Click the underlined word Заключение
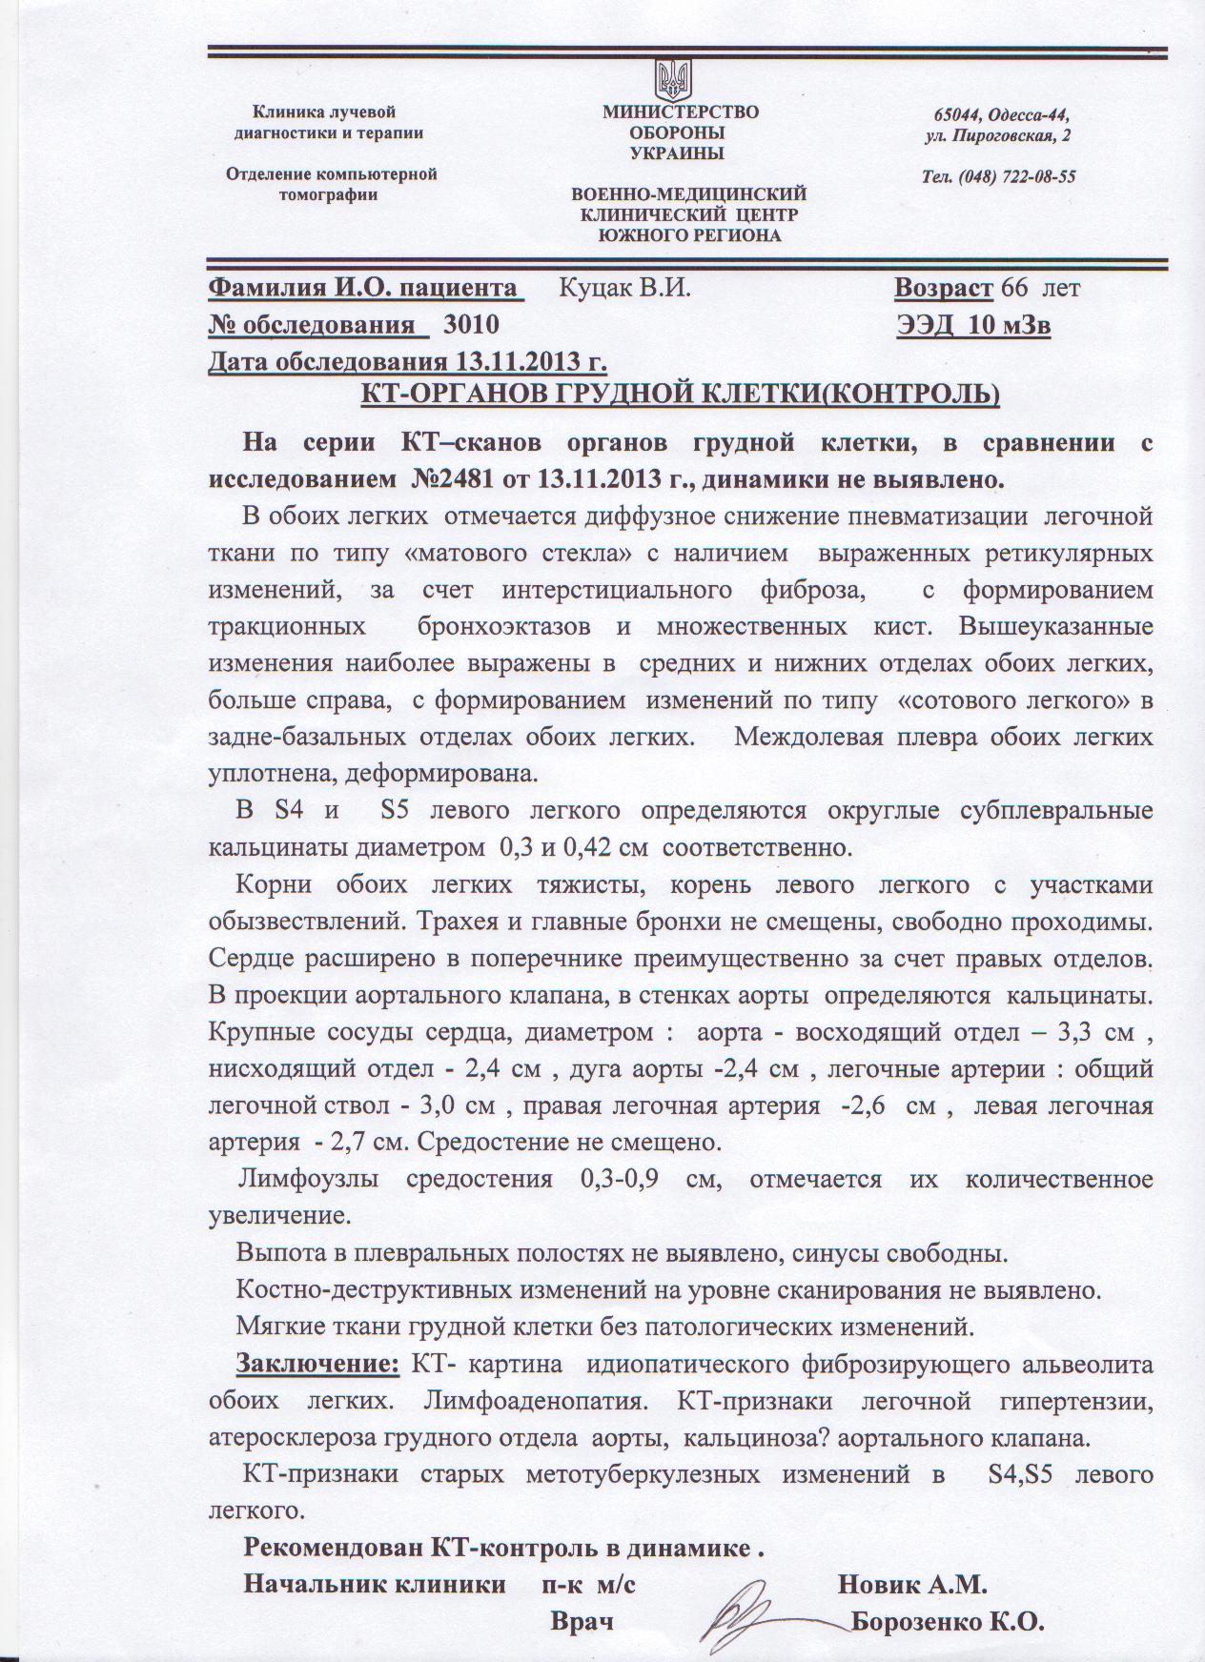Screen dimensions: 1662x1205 coord(317,1363)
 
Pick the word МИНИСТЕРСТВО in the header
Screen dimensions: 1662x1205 coord(680,111)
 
